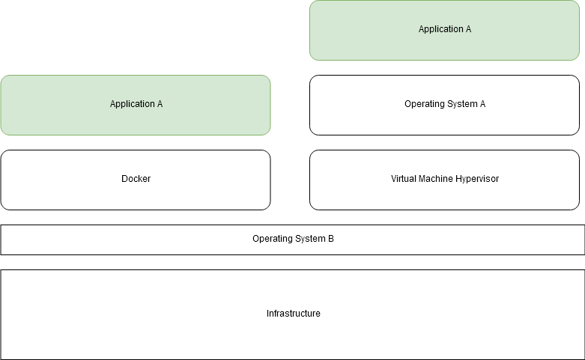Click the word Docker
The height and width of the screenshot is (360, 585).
coord(136,179)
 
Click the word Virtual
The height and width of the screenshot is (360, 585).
coord(404,179)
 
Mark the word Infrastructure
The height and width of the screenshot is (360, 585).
coord(293,314)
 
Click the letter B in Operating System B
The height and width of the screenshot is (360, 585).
coord(330,239)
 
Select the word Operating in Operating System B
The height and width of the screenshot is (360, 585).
coord(273,239)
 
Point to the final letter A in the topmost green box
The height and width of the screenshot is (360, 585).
coord(468,29)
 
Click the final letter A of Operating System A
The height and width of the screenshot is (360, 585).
coord(482,104)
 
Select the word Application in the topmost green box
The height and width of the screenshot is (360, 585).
coord(440,29)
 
